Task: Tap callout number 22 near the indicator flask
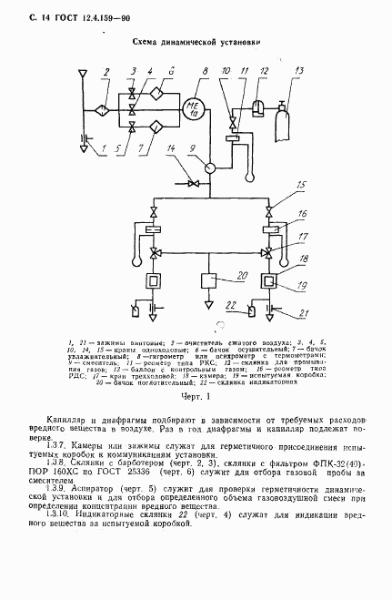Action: [x=231, y=303]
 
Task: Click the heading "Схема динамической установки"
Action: [x=196, y=41]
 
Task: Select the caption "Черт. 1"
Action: [x=196, y=397]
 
